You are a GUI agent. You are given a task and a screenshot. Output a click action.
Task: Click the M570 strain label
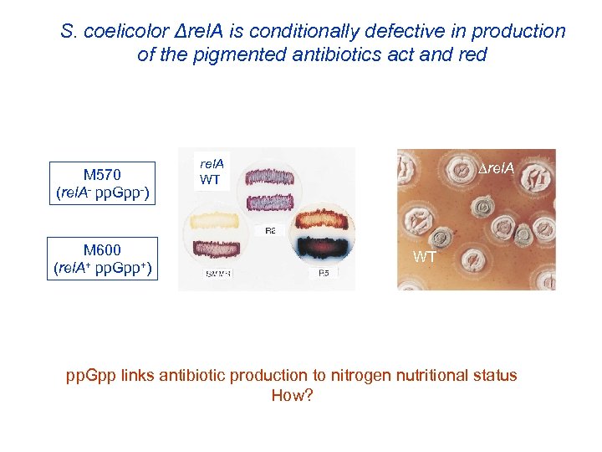click(102, 174)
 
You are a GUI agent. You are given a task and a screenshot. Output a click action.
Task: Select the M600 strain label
click(102, 249)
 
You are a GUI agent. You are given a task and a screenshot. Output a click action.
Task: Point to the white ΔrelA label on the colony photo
click(497, 170)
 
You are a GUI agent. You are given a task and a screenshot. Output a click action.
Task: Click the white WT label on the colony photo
click(424, 257)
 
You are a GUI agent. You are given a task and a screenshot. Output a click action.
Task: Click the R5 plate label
click(323, 275)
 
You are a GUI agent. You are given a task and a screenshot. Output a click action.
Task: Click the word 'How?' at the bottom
click(292, 395)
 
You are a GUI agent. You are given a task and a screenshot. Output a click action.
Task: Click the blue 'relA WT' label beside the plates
click(212, 172)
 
